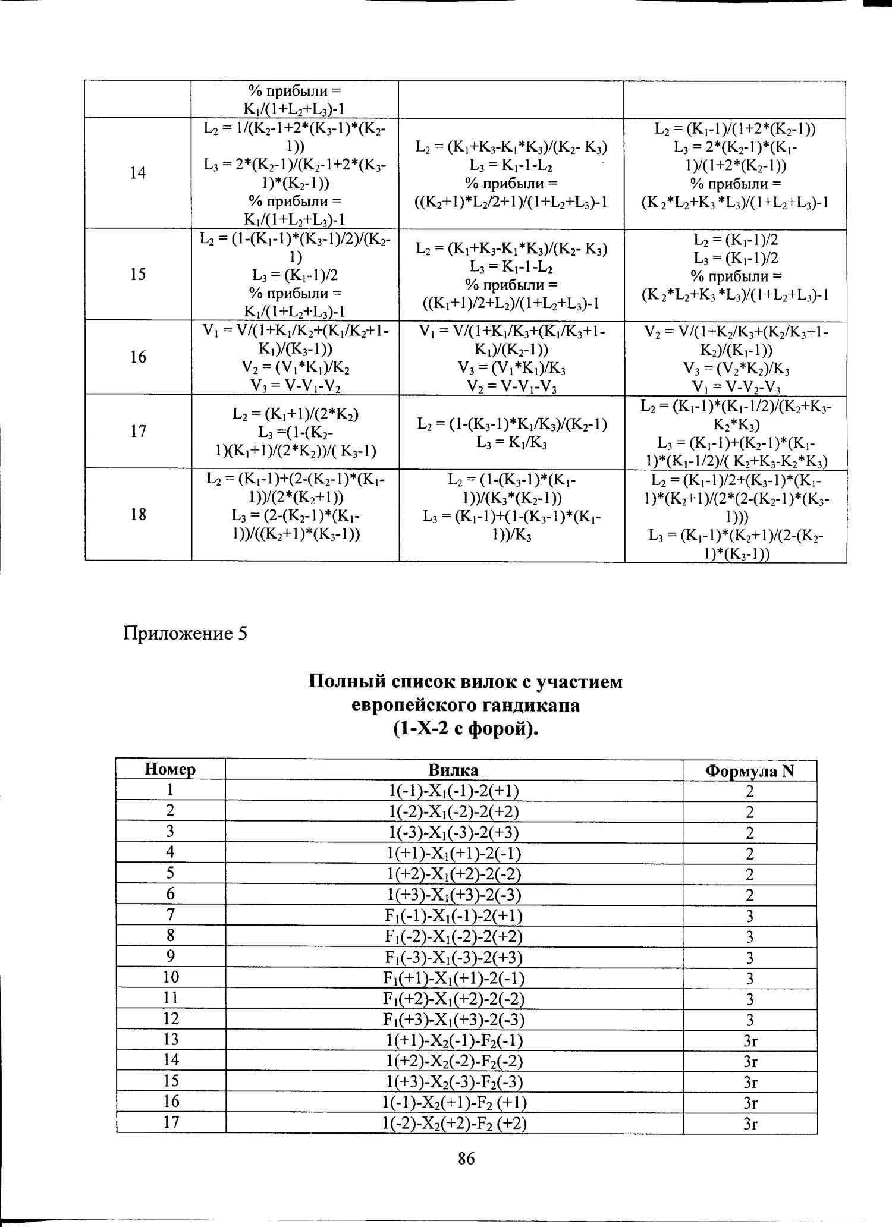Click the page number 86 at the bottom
click(x=466, y=1157)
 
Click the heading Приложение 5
click(x=185, y=633)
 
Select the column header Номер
click(x=170, y=769)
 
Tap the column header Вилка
click(x=453, y=770)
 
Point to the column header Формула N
click(x=749, y=771)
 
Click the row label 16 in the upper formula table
click(x=138, y=357)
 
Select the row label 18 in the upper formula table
click(x=138, y=514)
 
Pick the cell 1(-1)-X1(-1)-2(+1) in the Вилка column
click(x=453, y=791)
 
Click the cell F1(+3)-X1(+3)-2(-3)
click(x=454, y=1020)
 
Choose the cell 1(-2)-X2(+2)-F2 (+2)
click(x=454, y=1123)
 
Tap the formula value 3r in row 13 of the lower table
click(x=750, y=1040)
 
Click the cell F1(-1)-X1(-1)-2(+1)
click(x=454, y=915)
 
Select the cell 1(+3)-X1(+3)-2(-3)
click(x=454, y=895)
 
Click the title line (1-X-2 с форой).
click(x=466, y=728)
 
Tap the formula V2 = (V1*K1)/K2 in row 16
click(x=295, y=368)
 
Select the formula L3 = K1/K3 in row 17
click(x=511, y=442)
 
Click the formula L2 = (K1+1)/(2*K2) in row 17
click(x=295, y=414)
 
